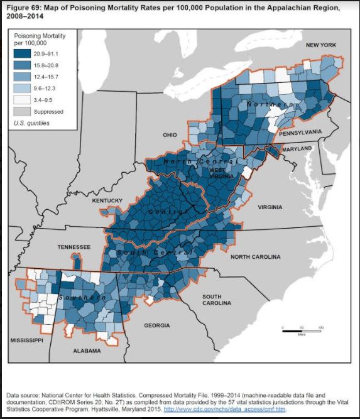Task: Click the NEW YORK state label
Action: coord(321,46)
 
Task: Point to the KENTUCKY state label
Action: coord(107,200)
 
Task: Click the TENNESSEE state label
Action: coord(74,247)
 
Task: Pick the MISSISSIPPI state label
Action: coord(26,340)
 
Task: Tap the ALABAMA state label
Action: coord(87,351)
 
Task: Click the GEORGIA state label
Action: coord(156,325)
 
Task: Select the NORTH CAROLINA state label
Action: coord(257,257)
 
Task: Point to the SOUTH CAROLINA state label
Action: coord(217,299)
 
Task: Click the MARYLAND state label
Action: coord(297,148)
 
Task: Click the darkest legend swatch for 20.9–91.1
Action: coord(23,55)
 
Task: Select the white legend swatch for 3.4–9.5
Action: coord(23,100)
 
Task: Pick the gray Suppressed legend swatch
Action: coord(23,111)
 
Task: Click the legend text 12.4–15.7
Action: coord(46,78)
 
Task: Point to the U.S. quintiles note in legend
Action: coord(31,123)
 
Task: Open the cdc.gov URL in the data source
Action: coord(224,409)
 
